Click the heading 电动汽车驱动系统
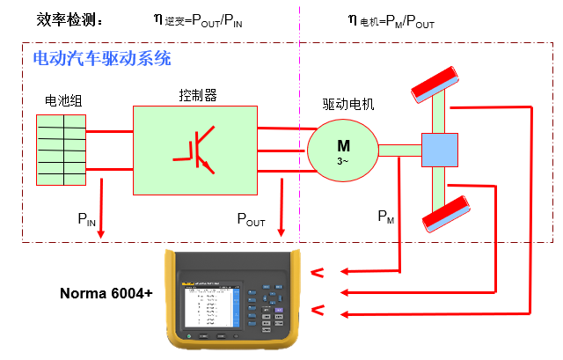click(x=101, y=59)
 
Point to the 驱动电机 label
click(x=348, y=105)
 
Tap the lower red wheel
click(x=443, y=212)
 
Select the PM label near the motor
click(x=385, y=215)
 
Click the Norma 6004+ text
click(x=106, y=293)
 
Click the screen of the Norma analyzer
click(x=208, y=306)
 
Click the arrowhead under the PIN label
click(x=101, y=233)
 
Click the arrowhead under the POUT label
click(x=282, y=233)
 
